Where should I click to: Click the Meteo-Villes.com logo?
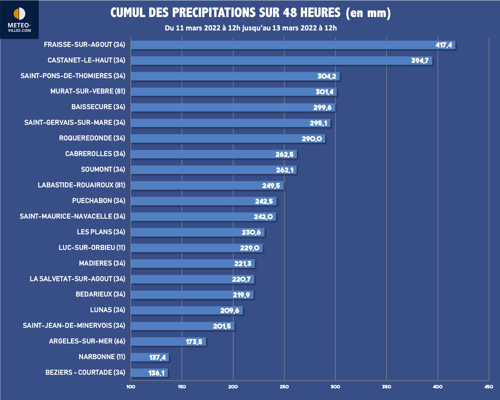19,19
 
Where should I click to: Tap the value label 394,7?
420,61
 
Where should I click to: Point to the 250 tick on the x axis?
284,387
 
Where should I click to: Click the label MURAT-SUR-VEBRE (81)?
88,91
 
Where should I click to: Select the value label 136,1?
156,373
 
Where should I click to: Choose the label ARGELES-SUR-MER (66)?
87,341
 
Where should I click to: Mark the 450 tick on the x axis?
489,387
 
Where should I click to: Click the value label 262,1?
285,170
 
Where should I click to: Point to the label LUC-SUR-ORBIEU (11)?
92,248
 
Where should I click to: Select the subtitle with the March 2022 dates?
251,28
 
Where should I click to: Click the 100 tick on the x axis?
131,387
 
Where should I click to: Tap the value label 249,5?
271,186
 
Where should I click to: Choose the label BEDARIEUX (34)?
100,294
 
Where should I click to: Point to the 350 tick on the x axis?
386,387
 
